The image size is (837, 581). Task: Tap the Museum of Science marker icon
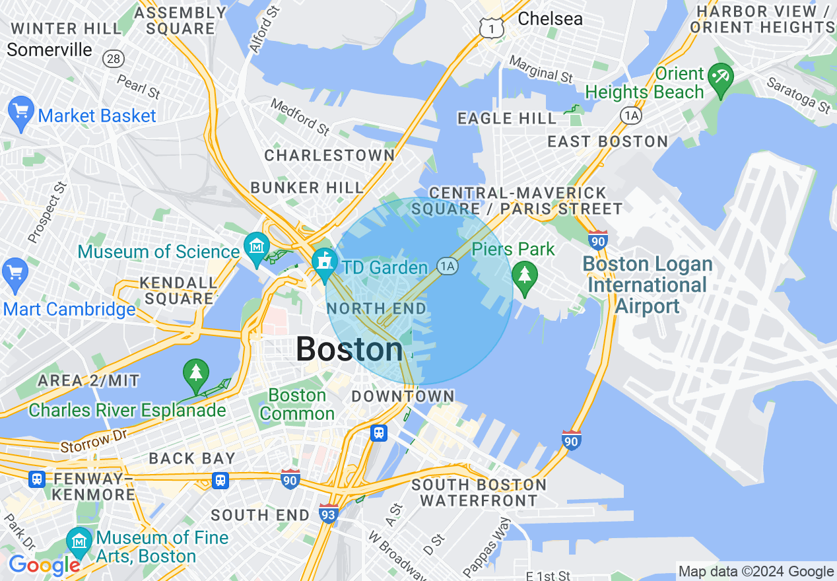pyautogui.click(x=255, y=247)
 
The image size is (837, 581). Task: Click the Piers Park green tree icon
pyautogui.click(x=525, y=276)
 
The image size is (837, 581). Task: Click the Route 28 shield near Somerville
pyautogui.click(x=114, y=59)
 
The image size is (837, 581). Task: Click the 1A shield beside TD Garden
pyautogui.click(x=448, y=266)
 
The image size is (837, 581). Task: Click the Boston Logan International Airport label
pyautogui.click(x=648, y=285)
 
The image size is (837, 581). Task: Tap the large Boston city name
pyautogui.click(x=349, y=349)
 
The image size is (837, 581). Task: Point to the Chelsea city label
pyautogui.click(x=550, y=18)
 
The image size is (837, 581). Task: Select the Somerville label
pyautogui.click(x=50, y=50)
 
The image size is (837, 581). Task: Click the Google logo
pyautogui.click(x=44, y=565)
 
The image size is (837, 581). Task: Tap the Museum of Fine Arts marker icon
pyautogui.click(x=80, y=542)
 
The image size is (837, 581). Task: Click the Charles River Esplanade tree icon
pyautogui.click(x=196, y=374)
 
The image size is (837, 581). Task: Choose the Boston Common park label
pyautogui.click(x=298, y=405)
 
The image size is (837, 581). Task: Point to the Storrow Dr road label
pyautogui.click(x=93, y=441)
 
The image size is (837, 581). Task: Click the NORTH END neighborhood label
pyautogui.click(x=376, y=308)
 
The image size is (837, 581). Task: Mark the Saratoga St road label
pyautogui.click(x=798, y=94)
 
